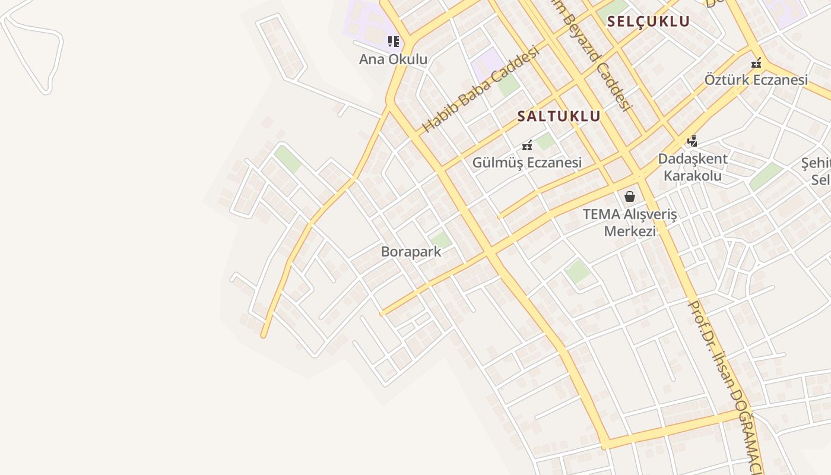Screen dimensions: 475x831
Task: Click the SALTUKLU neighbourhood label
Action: tap(559, 116)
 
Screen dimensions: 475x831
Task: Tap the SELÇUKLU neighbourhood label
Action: tap(648, 22)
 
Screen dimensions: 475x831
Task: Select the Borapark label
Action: tap(411, 252)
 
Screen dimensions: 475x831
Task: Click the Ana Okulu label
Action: tap(393, 59)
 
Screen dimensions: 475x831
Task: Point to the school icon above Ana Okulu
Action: tap(393, 42)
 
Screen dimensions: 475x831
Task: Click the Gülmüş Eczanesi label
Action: tap(526, 163)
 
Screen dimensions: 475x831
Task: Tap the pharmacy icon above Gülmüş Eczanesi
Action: tap(526, 145)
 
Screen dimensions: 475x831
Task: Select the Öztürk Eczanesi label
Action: tap(756, 80)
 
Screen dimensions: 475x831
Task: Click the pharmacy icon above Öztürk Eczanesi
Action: tap(756, 62)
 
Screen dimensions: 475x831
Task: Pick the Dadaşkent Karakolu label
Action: tap(692, 167)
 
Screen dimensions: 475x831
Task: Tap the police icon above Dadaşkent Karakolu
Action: tap(692, 141)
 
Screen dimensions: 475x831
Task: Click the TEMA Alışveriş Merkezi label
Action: tap(630, 222)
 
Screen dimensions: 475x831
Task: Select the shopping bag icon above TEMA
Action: tap(630, 197)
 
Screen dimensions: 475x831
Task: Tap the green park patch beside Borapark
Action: tap(440, 240)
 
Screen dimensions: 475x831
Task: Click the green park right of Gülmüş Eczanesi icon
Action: tap(545, 141)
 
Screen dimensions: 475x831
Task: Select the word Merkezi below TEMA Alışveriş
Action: tap(630, 230)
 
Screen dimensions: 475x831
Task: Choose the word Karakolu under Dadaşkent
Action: tap(692, 176)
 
